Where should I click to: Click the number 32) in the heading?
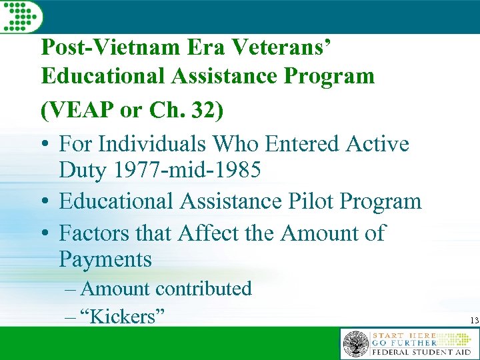coord(204,111)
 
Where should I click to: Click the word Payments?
coord(105,259)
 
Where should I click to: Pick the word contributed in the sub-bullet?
coord(203,289)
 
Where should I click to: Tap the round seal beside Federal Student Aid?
coord(355,345)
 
